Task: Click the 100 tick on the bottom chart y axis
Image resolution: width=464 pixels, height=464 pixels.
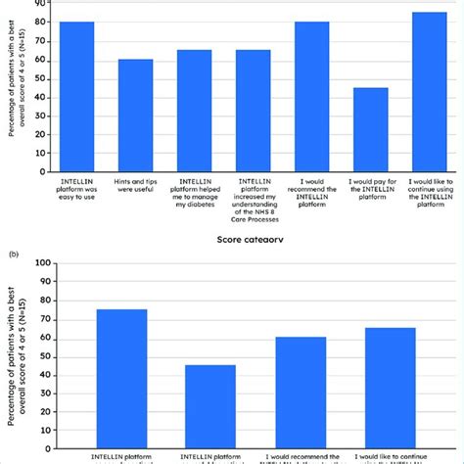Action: [x=40, y=261]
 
